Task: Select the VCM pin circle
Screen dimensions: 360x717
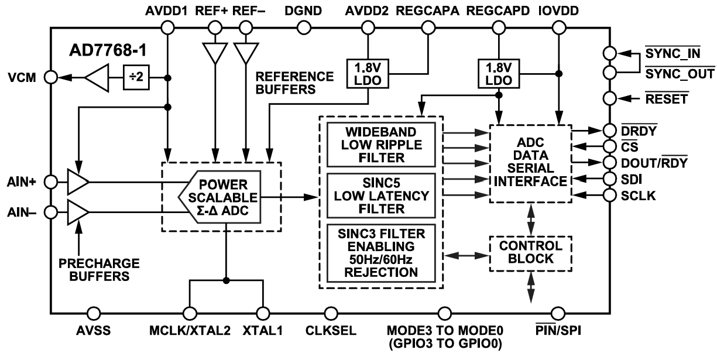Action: tap(51, 77)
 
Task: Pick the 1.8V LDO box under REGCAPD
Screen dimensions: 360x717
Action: tap(498, 73)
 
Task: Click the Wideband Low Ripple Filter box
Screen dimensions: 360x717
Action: tap(380, 144)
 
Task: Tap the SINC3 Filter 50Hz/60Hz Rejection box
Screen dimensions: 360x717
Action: tap(380, 252)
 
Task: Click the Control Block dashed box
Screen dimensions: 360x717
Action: tap(530, 253)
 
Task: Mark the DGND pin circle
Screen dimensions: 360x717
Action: tap(303, 27)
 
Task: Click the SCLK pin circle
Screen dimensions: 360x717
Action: tap(609, 196)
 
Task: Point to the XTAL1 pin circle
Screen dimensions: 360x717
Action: tap(263, 312)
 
